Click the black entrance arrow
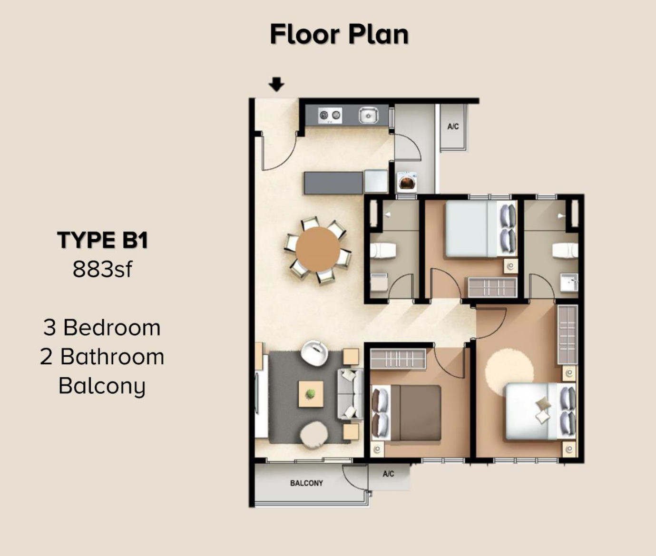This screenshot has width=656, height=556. [x=276, y=84]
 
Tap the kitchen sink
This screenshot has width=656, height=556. [x=368, y=115]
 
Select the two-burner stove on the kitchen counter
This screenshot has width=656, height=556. [x=330, y=115]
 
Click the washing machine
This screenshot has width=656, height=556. [x=407, y=181]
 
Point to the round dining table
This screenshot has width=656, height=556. [x=318, y=249]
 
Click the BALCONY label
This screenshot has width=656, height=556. [x=306, y=483]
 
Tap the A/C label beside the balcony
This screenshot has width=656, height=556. [x=389, y=474]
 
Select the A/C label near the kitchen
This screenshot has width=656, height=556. [x=453, y=127]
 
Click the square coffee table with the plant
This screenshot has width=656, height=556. [x=311, y=394]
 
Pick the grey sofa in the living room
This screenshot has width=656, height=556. [x=351, y=394]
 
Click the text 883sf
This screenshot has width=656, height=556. [x=102, y=269]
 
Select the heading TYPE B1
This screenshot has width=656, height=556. [x=102, y=240]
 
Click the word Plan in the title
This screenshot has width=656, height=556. [x=378, y=34]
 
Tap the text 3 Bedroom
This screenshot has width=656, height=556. [x=101, y=328]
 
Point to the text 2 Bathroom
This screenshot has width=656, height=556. [x=102, y=357]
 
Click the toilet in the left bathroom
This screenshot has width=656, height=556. [x=383, y=250]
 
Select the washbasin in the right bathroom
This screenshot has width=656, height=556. [x=569, y=282]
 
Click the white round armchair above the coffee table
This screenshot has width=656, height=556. [x=314, y=352]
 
